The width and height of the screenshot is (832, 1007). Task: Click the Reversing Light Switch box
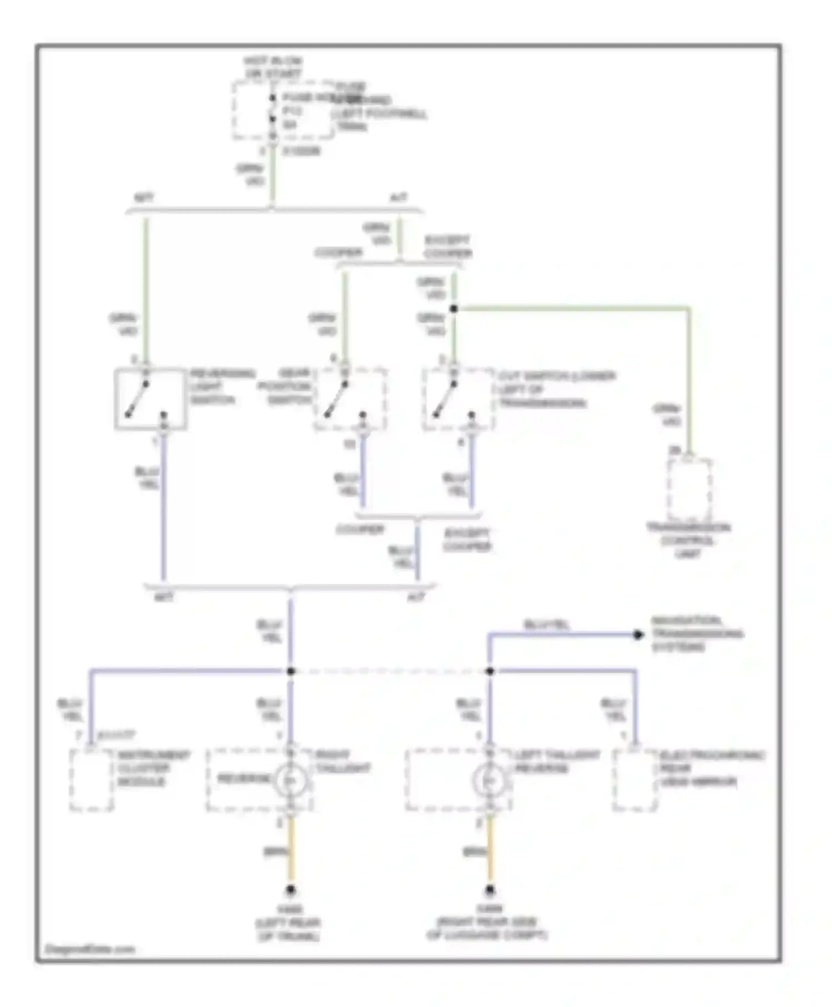(150, 399)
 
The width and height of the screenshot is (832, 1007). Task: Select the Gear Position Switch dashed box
(349, 399)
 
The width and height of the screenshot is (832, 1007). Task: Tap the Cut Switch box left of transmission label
(458, 399)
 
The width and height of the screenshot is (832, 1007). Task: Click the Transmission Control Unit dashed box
(689, 489)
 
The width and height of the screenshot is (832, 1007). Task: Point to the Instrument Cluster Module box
(92, 779)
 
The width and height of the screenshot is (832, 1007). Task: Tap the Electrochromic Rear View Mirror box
(635, 779)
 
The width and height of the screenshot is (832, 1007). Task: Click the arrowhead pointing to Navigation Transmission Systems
(638, 635)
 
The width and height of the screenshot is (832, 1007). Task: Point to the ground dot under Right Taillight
(290, 891)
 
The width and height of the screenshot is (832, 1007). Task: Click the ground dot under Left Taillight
(489, 891)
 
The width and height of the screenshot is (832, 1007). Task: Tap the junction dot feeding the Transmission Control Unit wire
(454, 309)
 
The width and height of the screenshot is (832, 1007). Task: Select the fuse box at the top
(283, 111)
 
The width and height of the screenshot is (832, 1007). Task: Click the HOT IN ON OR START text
(272, 67)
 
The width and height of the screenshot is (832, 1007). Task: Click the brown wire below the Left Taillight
(489, 852)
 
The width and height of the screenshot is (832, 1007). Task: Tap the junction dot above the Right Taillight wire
(291, 671)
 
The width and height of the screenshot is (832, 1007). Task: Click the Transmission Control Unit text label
(688, 540)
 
